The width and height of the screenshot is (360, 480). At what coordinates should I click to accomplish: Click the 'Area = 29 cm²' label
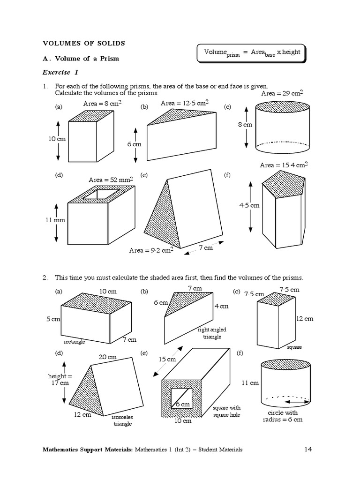(282, 93)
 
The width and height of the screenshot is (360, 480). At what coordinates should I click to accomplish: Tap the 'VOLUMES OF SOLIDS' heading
(84, 43)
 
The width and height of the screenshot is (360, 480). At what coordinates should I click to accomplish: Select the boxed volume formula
(252, 53)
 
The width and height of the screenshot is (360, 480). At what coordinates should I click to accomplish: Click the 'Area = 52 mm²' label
(111, 180)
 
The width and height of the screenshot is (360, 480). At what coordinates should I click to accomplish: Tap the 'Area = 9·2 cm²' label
(151, 250)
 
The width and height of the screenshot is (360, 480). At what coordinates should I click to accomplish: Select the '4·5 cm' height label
(249, 205)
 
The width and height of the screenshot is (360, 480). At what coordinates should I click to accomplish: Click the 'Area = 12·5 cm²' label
(185, 103)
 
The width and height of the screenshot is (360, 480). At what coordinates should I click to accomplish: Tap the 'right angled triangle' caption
(212, 333)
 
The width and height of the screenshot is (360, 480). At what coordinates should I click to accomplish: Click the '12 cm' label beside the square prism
(304, 319)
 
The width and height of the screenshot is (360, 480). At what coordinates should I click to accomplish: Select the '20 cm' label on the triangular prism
(107, 357)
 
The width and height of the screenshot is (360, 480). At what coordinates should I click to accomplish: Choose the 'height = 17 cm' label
(60, 379)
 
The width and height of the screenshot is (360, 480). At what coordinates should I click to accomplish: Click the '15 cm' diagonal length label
(167, 360)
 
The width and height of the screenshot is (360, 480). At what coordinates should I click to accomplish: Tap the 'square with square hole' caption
(226, 412)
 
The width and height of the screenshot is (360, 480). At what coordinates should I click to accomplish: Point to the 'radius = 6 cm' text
(283, 420)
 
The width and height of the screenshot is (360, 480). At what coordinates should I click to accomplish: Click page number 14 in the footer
(308, 450)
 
